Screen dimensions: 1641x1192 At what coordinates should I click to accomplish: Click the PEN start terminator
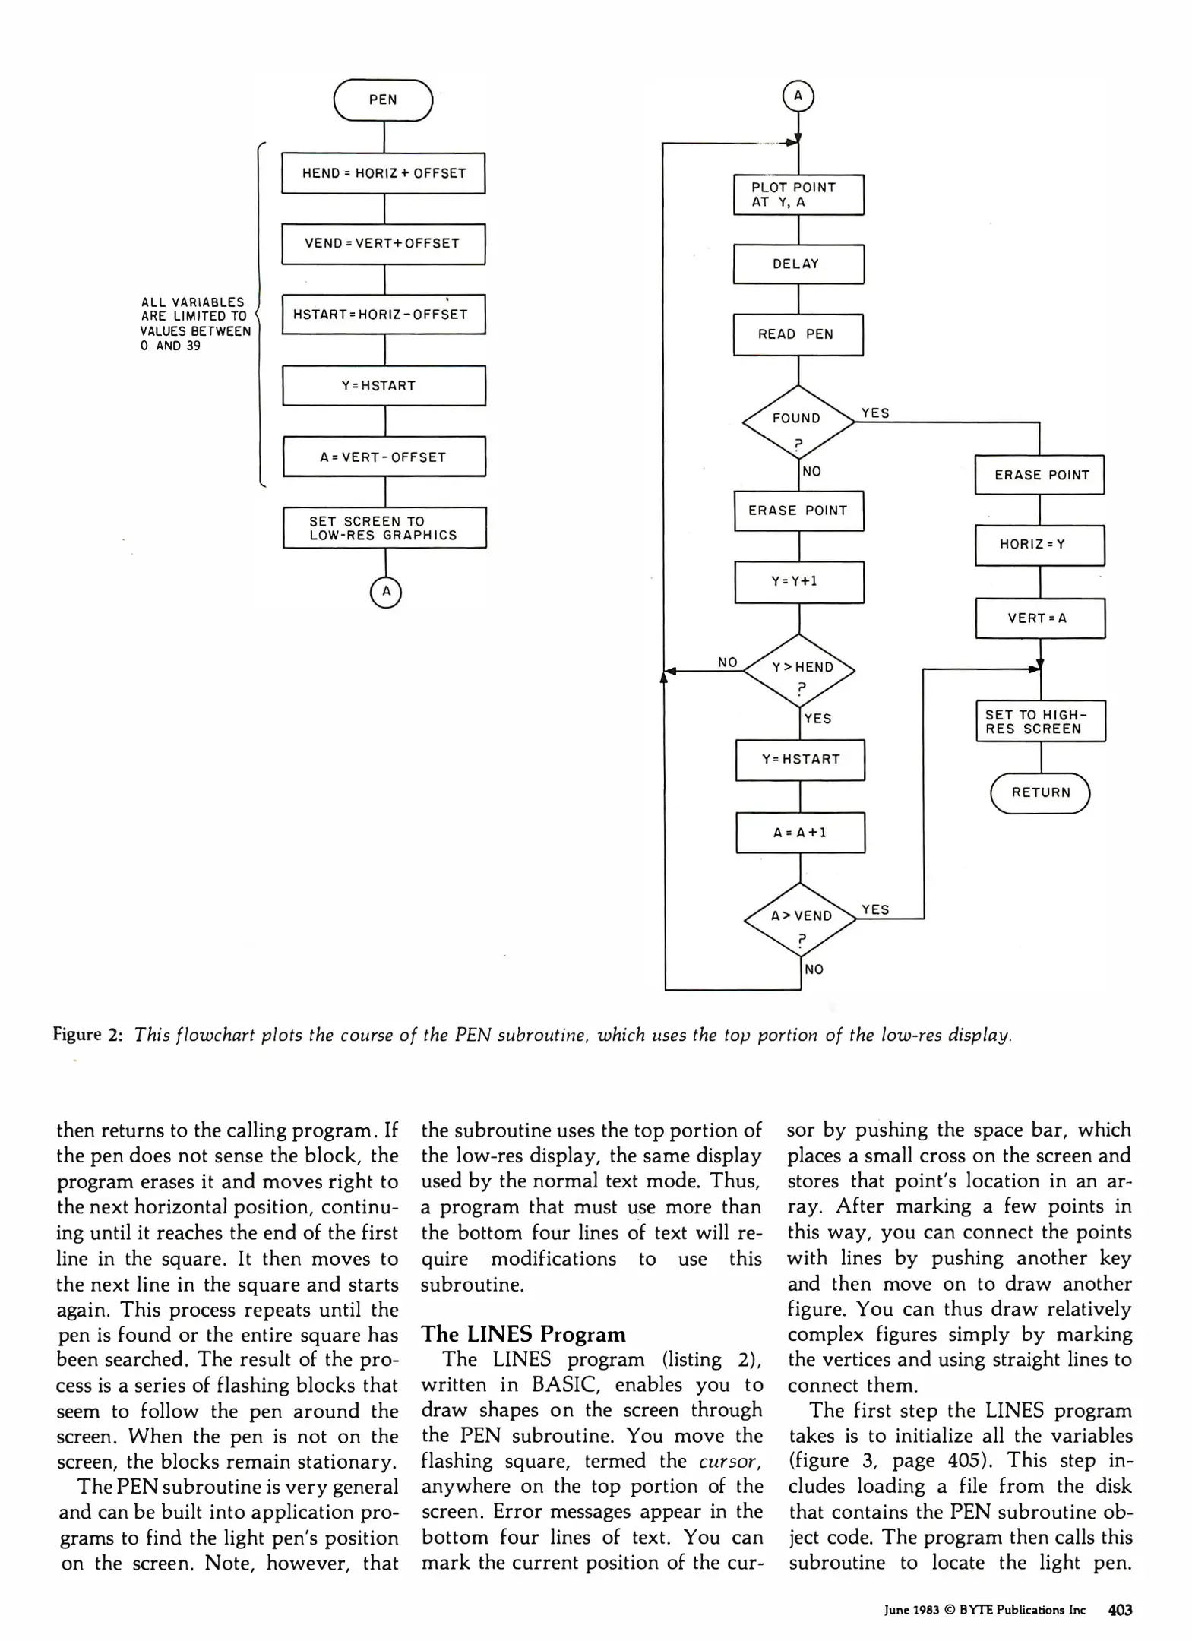point(383,100)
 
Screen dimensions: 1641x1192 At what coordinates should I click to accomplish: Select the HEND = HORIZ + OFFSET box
point(383,173)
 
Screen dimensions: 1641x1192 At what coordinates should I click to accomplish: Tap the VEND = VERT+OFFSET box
point(383,244)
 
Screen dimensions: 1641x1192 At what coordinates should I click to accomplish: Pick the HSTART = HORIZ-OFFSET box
point(383,315)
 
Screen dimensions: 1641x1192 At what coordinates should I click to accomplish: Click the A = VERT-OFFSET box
point(384,457)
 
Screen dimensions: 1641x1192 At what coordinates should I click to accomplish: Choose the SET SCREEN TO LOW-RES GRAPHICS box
point(384,528)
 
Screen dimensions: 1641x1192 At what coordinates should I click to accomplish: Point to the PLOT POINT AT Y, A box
point(798,195)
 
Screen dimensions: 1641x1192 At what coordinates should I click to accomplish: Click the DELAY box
point(798,264)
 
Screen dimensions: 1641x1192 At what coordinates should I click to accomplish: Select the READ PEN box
point(798,334)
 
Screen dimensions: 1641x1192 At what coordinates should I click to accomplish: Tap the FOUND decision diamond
point(798,422)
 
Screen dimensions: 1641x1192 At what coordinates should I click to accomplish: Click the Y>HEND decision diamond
point(799,671)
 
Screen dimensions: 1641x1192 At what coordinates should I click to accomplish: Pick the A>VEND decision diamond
point(800,919)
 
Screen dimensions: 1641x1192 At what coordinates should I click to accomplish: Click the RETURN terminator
point(1040,793)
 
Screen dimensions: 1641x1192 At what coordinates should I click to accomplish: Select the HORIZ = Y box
point(1039,545)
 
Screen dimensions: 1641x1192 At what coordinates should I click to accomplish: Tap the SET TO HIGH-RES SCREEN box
point(1040,721)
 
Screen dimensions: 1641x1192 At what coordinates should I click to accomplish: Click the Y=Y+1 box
point(798,582)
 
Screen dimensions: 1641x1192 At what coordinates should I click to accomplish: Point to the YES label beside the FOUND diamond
point(875,413)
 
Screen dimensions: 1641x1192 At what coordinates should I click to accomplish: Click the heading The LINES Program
point(523,1335)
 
